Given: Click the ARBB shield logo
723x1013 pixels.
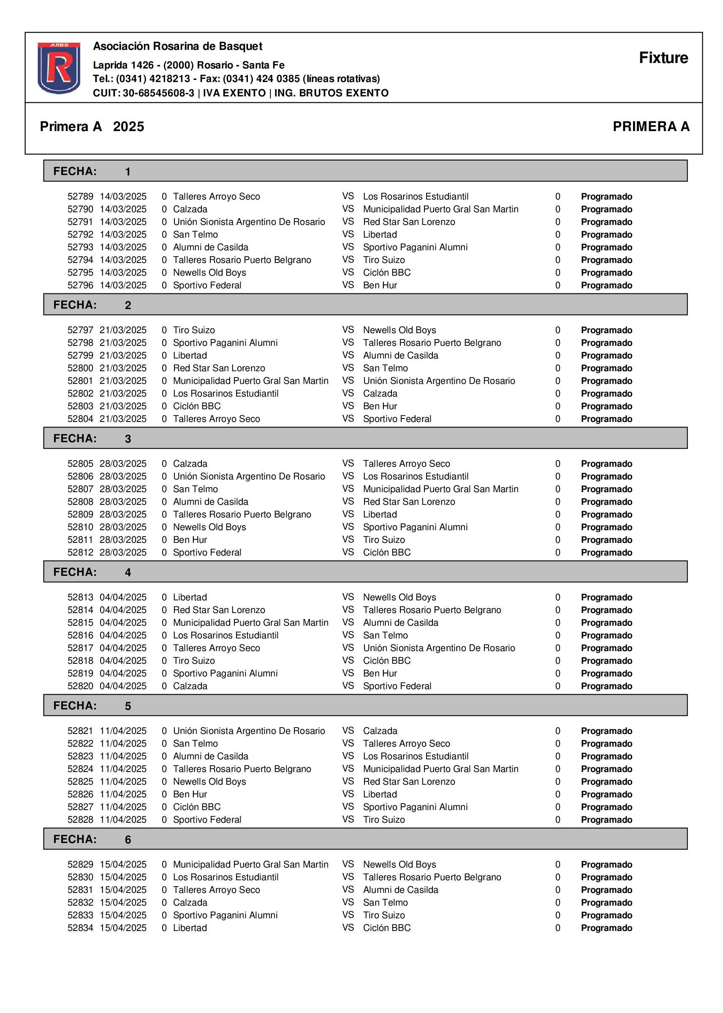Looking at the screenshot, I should (59, 68).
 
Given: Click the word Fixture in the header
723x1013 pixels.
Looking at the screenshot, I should (663, 58).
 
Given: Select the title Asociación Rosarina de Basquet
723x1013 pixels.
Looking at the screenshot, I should (177, 47).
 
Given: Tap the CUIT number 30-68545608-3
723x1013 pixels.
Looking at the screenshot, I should (158, 93).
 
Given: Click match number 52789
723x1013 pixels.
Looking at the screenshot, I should (80, 197).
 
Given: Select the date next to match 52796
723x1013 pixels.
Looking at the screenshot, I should (123, 285).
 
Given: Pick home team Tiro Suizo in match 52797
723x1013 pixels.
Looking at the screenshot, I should (194, 330).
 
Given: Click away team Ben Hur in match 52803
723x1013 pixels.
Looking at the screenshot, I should (380, 406).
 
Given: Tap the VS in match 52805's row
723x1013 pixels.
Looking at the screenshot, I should (348, 463).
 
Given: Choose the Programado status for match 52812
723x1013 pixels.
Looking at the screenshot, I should (606, 553).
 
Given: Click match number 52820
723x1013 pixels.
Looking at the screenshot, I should (80, 686).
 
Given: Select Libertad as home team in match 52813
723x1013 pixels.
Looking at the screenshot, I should (190, 597).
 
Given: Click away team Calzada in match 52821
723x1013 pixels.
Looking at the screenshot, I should (380, 731).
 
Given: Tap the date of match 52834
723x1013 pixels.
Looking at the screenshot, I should (123, 928).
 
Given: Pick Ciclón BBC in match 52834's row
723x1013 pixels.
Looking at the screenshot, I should (386, 928).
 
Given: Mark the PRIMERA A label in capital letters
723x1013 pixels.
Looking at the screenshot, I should (650, 126).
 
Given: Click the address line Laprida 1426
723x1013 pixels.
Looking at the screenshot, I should (188, 65).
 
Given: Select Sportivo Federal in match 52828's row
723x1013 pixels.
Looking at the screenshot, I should (207, 820).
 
